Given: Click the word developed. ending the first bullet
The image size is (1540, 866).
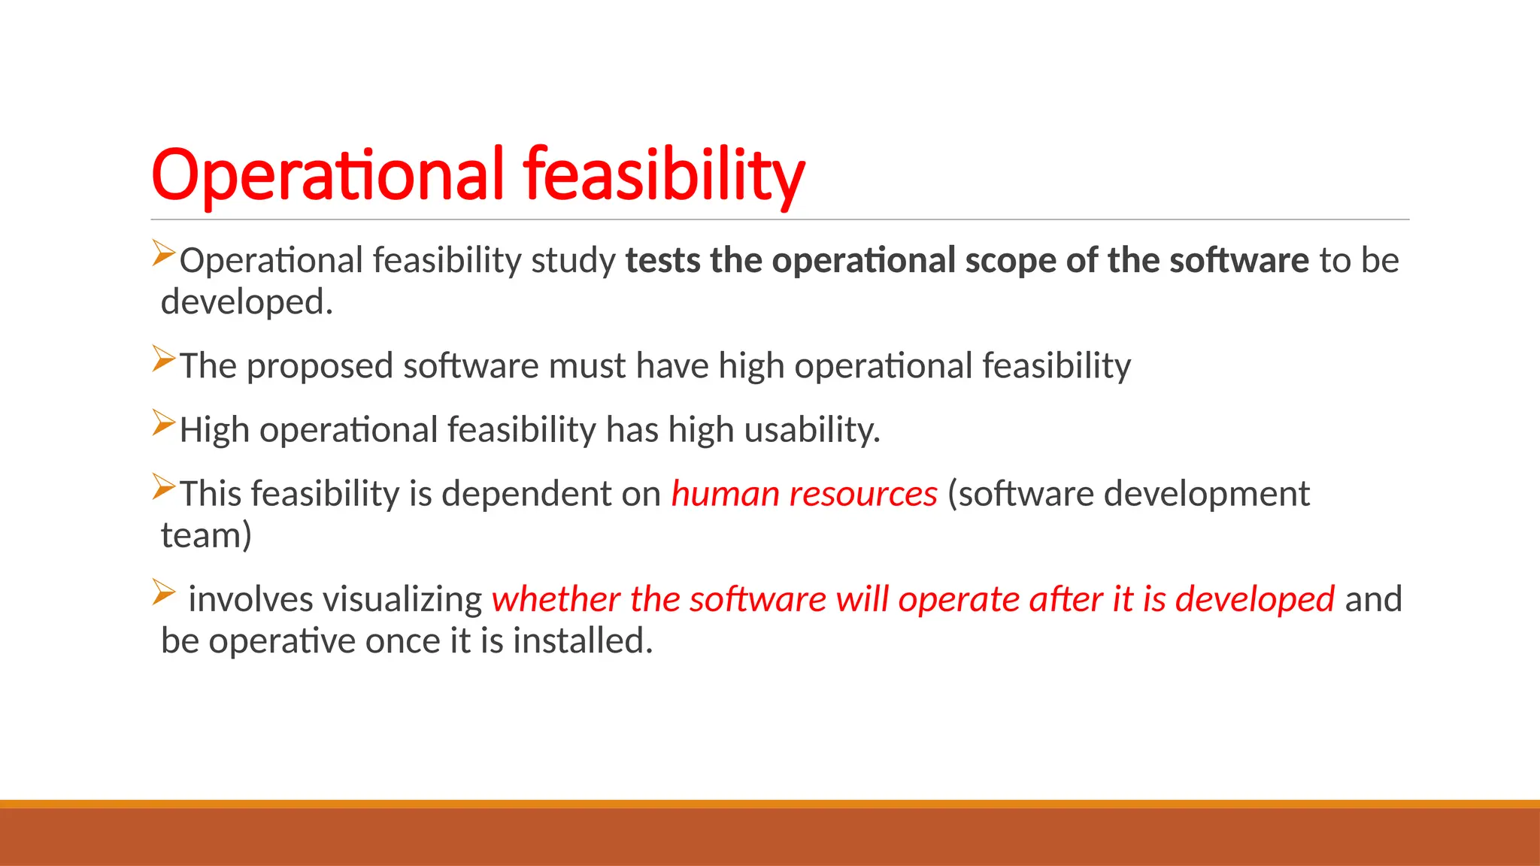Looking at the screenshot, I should (247, 302).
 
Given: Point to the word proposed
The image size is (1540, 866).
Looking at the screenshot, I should (320, 367).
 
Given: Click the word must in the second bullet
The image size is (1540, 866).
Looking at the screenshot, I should (587, 366).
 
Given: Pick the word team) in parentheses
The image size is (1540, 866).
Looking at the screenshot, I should (206, 536).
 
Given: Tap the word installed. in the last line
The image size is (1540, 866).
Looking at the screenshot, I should (583, 641).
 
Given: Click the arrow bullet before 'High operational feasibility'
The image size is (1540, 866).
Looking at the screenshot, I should (163, 422).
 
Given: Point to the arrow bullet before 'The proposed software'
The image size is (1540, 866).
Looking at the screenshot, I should (163, 359).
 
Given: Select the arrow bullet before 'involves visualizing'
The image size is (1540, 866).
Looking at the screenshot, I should (163, 592).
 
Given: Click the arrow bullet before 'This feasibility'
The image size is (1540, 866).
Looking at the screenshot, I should (163, 486).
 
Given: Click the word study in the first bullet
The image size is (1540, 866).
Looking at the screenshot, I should (573, 261).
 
